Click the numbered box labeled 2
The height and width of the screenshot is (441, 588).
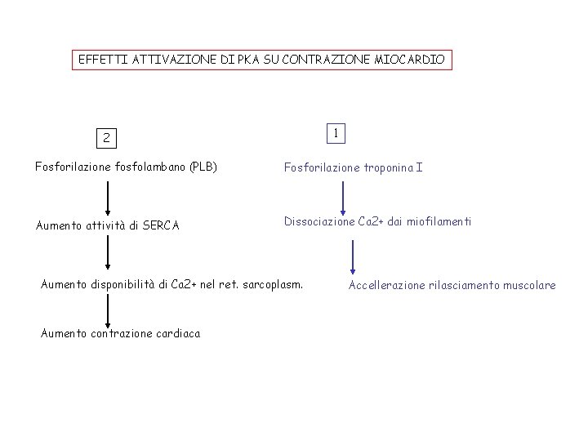[x=106, y=138]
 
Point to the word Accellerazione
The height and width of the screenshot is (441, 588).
[x=386, y=285]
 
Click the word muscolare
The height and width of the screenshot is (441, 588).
[x=530, y=285]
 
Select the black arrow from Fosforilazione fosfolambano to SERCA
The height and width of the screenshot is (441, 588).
[x=107, y=197]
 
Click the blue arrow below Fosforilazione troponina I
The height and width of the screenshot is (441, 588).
[x=343, y=197]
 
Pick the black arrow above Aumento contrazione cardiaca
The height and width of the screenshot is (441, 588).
[x=107, y=310]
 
